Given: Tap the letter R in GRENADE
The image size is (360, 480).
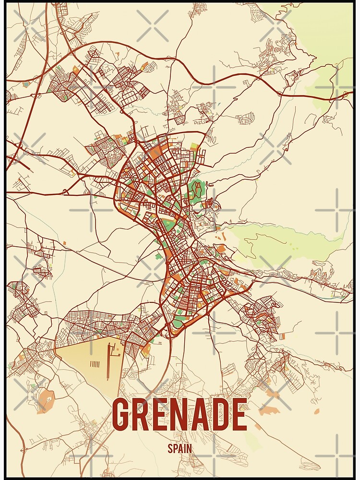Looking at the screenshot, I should tap(144, 415).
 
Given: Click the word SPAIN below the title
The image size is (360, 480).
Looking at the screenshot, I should tap(180, 449).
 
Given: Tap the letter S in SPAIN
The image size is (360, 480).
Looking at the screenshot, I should tap(170, 449).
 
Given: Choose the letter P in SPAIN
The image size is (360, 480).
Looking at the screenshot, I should tap(175, 449).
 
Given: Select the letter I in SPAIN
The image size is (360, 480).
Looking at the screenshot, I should tap(185, 449).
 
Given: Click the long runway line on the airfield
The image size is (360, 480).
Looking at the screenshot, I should tap(108, 355).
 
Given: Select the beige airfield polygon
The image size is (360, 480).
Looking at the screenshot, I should tap(86, 360).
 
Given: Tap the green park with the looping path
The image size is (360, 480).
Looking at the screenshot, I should tap(195, 190).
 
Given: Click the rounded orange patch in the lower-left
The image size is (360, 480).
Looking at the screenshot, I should tap(46, 398).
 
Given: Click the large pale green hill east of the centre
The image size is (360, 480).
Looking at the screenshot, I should tap(288, 242).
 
